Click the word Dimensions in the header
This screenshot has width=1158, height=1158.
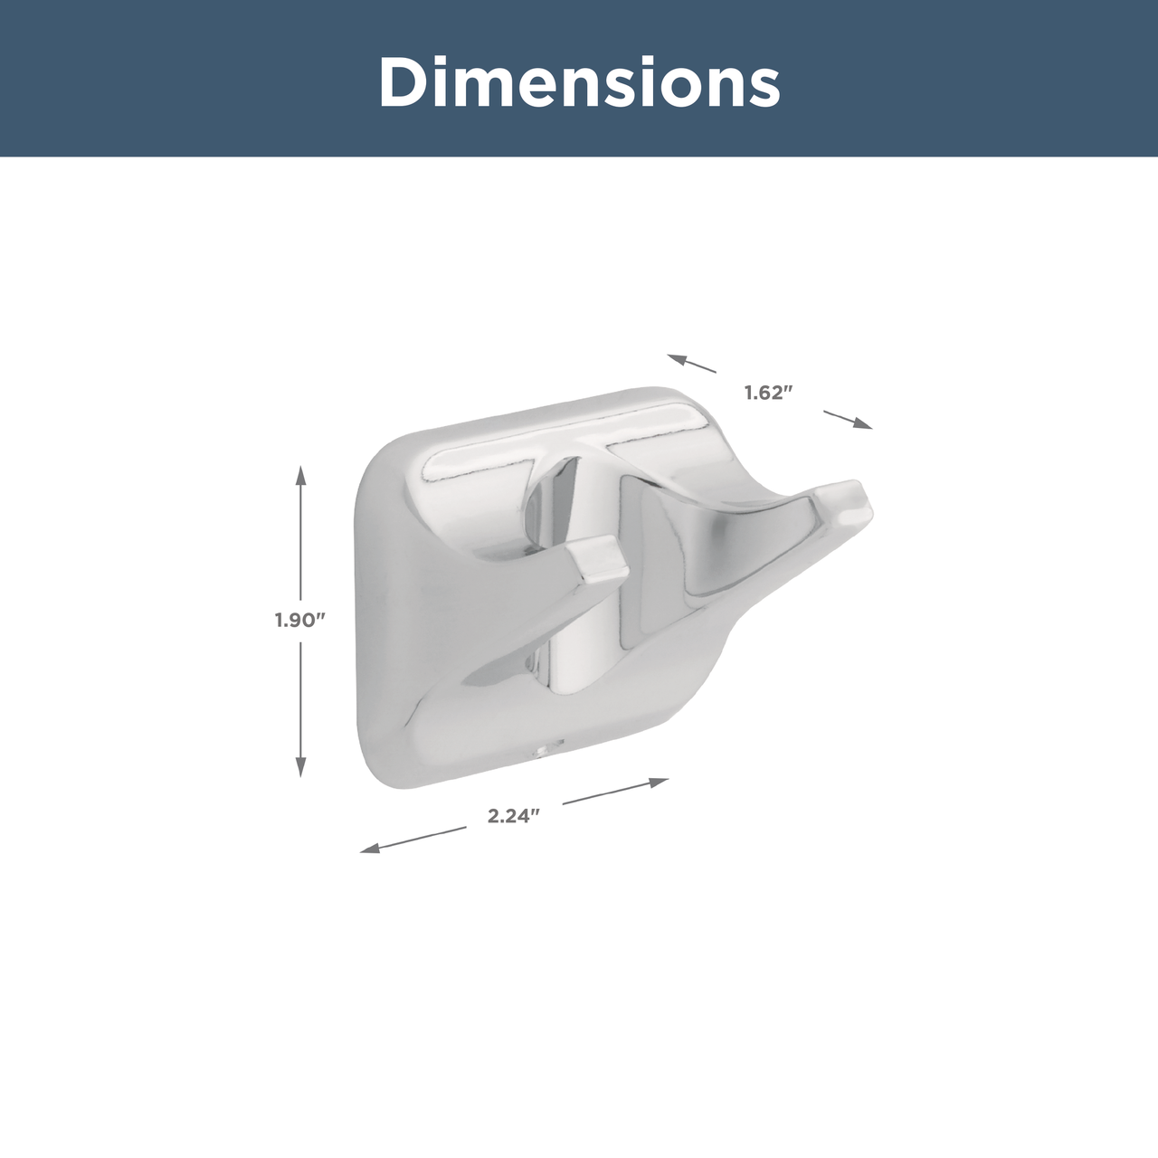tap(579, 81)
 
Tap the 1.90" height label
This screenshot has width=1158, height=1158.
tap(299, 621)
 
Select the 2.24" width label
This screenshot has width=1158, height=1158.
tap(515, 816)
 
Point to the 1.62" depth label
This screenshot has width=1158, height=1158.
tap(770, 393)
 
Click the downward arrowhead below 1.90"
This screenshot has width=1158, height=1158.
tap(301, 767)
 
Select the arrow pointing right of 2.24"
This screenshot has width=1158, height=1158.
tap(616, 791)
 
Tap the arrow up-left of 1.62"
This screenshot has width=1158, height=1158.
tap(692, 364)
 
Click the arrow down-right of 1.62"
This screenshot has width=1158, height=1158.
tap(848, 420)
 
